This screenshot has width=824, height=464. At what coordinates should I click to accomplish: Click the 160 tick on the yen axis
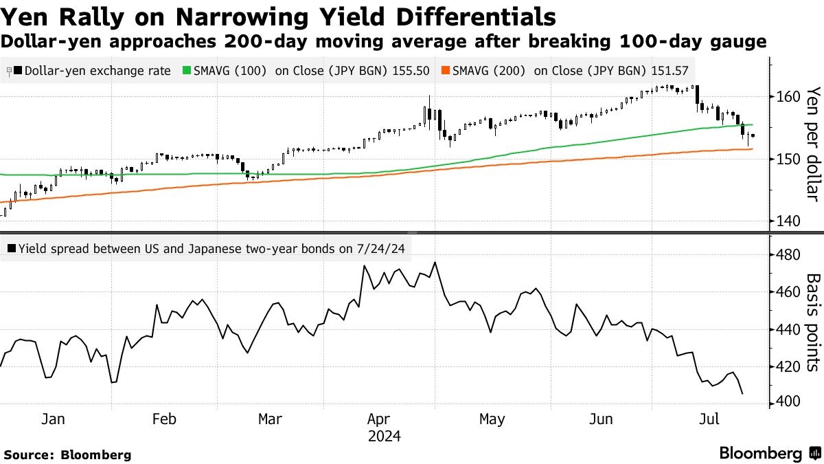785,97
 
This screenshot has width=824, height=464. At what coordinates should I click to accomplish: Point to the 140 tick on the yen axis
785,221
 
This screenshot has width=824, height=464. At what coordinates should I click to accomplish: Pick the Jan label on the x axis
53,419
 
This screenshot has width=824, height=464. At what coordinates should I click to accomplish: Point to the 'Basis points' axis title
812,322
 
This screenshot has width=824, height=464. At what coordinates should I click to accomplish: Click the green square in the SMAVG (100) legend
186,71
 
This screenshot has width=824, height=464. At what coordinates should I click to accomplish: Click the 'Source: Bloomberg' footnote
67,454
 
